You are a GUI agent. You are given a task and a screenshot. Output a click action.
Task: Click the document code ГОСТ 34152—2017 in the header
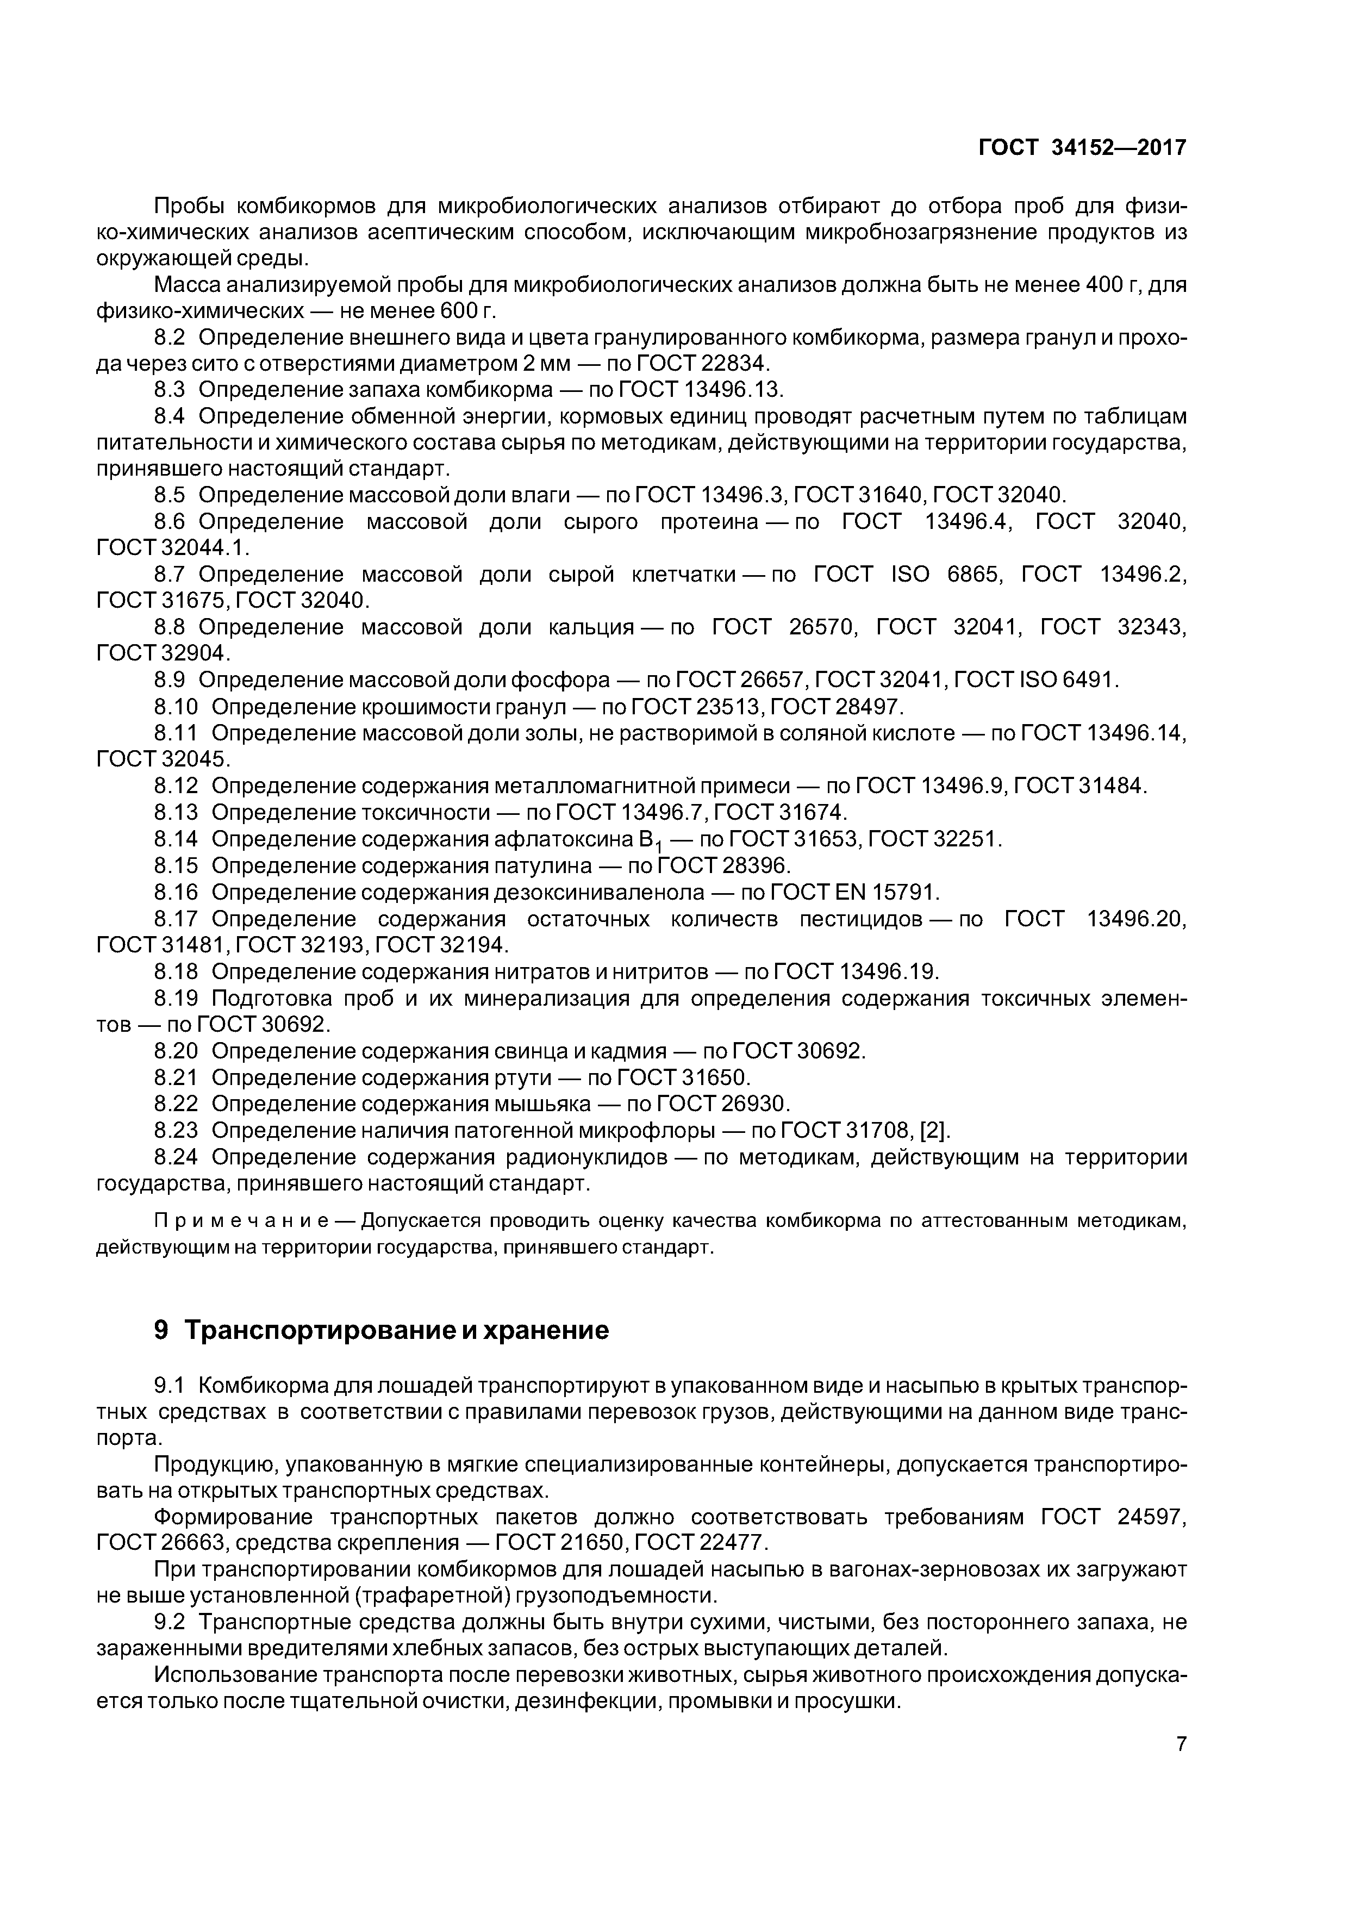pos(1082,148)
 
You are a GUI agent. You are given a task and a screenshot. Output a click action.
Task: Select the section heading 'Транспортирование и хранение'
pos(396,1330)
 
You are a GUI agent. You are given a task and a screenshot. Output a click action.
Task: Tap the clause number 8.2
pos(170,337)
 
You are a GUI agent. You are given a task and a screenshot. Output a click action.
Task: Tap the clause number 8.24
pos(176,1157)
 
